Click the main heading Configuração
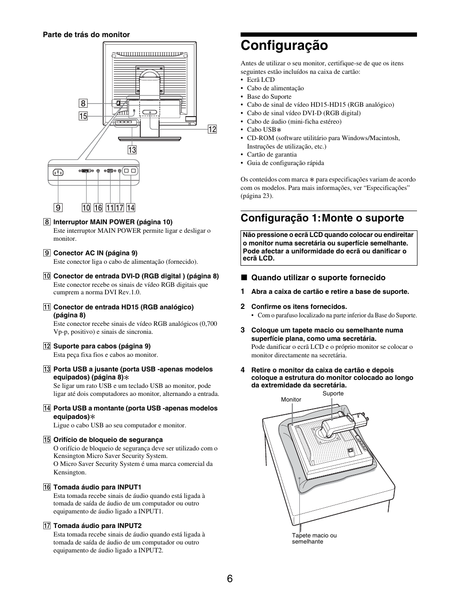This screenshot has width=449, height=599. point(284,46)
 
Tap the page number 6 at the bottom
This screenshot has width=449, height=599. point(229,578)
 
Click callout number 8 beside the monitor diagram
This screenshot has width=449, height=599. point(83,103)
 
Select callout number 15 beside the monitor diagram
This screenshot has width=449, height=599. point(83,116)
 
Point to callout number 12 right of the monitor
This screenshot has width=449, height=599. point(212,129)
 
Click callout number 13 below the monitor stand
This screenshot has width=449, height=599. point(132,150)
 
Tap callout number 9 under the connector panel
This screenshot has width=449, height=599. point(58,207)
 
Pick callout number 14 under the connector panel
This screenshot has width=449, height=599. point(130,207)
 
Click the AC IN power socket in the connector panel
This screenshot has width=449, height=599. point(58,172)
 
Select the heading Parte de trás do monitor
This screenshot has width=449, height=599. point(87,35)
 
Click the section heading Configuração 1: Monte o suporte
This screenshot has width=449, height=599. point(322,218)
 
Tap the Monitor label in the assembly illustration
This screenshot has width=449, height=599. point(291,400)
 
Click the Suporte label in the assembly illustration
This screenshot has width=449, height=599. point(333,394)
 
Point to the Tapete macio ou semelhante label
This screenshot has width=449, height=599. point(314,538)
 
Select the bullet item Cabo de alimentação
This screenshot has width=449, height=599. point(275,88)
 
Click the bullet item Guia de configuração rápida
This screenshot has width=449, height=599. point(285,163)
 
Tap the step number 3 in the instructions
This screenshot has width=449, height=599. point(243,330)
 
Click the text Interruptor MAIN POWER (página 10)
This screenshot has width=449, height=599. point(112,222)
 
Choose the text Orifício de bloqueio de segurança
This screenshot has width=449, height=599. point(108,440)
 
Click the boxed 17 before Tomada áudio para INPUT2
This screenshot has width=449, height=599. point(47,526)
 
